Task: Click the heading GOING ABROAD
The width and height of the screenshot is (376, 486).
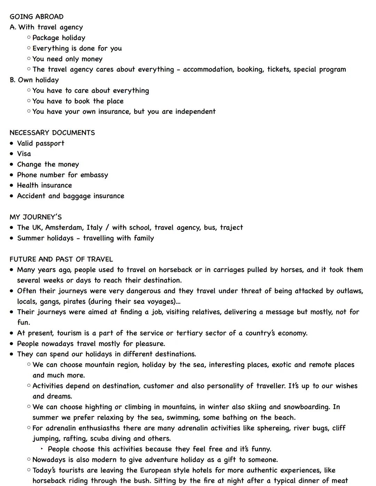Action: tap(37, 17)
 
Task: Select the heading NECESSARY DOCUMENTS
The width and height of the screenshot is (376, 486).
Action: tap(52, 133)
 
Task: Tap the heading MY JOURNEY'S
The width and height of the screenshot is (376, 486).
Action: tap(36, 217)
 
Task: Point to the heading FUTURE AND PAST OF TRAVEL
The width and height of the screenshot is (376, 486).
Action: tap(61, 259)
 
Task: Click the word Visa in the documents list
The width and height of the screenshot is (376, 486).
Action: tap(24, 154)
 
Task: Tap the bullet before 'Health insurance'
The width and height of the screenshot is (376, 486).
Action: tap(12, 186)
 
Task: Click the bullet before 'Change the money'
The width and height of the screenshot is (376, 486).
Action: tap(12, 165)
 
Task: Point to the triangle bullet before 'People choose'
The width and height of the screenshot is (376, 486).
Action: tap(42, 449)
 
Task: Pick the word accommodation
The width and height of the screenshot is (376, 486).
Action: tap(208, 70)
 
